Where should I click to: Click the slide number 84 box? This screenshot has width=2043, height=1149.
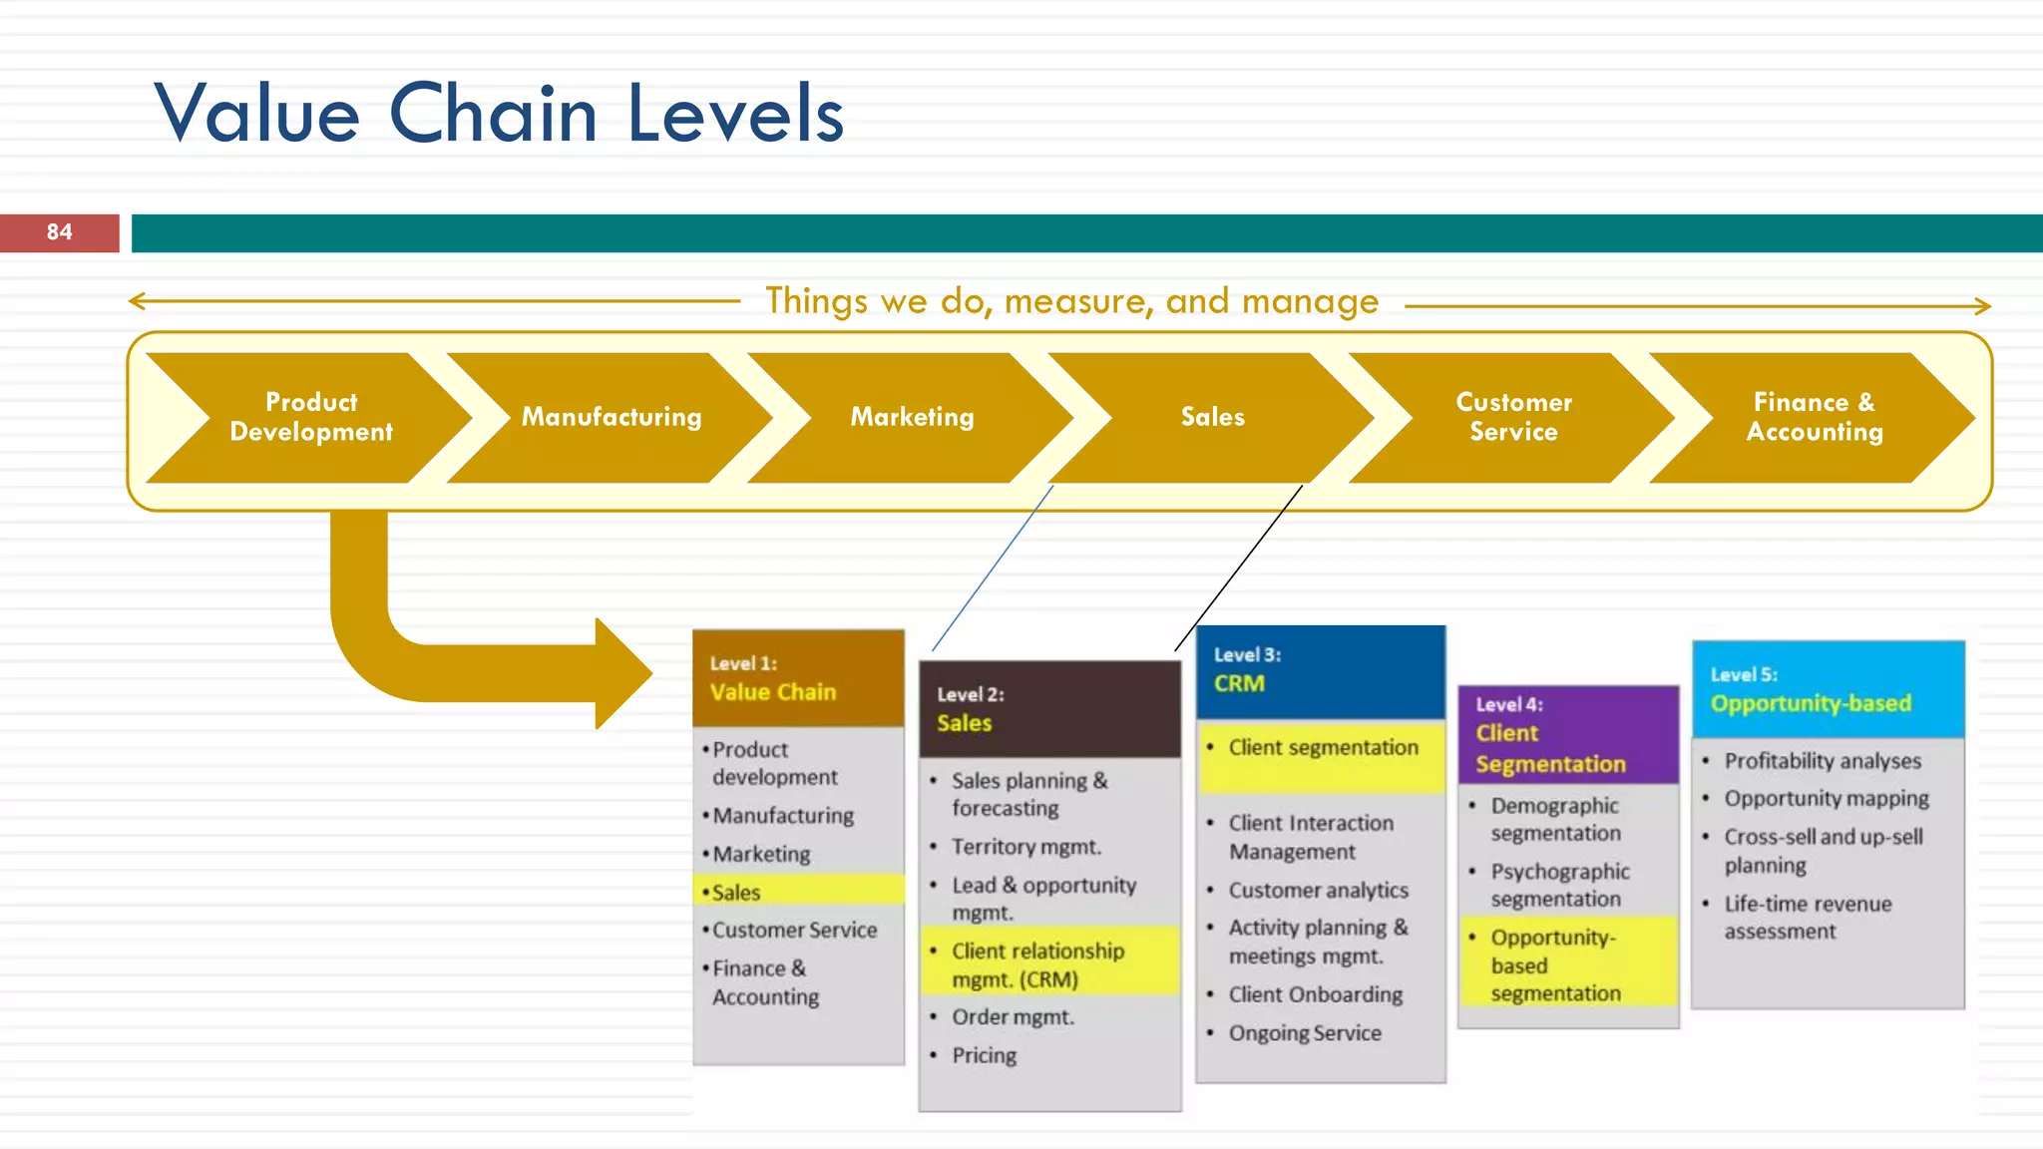pos(59,232)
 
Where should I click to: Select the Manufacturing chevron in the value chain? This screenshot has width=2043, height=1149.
pos(611,417)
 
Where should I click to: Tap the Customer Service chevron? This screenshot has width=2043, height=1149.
pos(1512,417)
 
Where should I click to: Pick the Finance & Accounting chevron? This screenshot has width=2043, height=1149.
pos(1814,417)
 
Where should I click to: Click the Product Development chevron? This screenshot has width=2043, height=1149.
pos(310,417)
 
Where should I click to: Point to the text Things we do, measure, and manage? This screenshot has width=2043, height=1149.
pos(1071,301)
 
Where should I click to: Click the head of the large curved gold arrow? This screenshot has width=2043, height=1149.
pos(623,673)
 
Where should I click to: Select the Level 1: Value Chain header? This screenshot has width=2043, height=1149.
pos(798,678)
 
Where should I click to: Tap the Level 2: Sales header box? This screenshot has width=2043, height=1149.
pos(1049,709)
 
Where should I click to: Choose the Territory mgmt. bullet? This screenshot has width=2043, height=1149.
pos(1025,847)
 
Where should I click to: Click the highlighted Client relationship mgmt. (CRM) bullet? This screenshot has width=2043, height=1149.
pos(1037,964)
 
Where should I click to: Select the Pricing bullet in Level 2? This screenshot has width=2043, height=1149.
pos(984,1055)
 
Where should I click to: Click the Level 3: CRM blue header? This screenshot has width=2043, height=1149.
pos(1320,670)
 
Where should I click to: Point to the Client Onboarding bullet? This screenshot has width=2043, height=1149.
pos(1315,994)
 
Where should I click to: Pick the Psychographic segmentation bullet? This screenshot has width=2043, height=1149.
pos(1559,885)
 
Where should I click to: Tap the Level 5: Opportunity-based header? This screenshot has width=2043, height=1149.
pos(1828,689)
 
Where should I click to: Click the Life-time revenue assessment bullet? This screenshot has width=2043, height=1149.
pos(1807,917)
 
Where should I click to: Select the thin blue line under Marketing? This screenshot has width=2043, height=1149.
pos(993,568)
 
